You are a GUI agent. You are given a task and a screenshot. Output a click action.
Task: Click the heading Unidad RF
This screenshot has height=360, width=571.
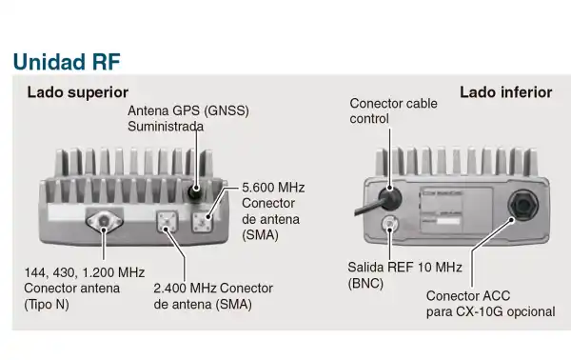66,61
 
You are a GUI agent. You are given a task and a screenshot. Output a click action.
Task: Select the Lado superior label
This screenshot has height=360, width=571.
77,93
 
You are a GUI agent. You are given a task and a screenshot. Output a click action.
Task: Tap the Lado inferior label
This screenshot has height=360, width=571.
505,92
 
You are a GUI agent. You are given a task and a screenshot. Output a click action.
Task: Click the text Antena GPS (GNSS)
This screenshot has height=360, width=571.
187,110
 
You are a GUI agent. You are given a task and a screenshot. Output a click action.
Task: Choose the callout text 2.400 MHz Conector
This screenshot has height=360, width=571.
211,289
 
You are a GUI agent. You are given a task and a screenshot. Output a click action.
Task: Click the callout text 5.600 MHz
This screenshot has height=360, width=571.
273,188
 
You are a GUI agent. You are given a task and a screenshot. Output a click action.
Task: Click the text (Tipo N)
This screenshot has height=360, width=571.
48,304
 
